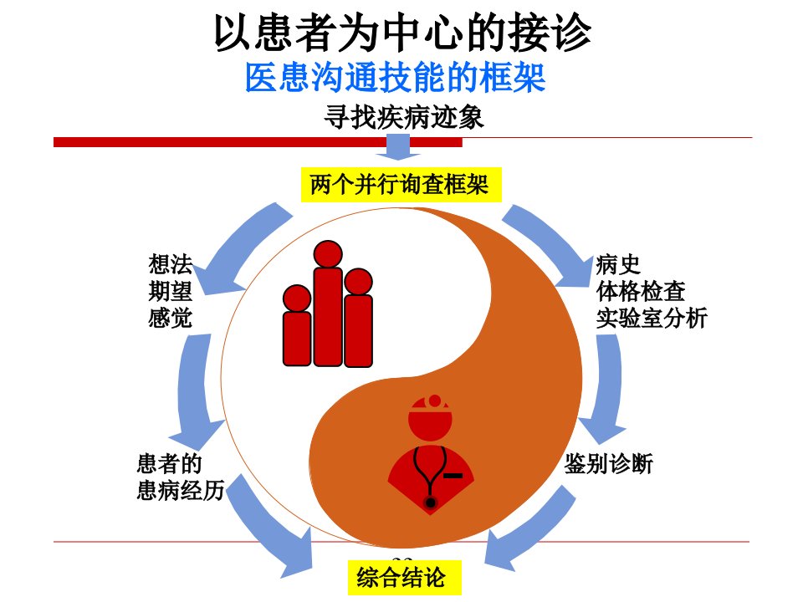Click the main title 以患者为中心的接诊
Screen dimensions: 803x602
pos(402,33)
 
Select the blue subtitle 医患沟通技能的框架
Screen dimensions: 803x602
pos(395,78)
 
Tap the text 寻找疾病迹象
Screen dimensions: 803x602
pos(403,117)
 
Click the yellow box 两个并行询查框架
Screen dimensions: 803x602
pos(401,184)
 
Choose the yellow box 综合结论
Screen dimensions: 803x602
pos(404,577)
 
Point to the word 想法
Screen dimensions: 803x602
pos(171,265)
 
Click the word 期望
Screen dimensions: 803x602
pos(171,291)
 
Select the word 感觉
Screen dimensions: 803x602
pos(171,318)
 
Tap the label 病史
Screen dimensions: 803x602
pos(618,265)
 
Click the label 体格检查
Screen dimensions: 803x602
pos(641,291)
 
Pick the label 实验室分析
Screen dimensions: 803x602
pos(652,318)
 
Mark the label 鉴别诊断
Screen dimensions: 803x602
pos(609,464)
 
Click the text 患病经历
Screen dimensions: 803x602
pos(181,490)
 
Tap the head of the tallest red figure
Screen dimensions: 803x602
pos(328,254)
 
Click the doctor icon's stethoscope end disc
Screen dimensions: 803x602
pos(430,503)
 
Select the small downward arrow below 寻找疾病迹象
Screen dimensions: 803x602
pos(398,146)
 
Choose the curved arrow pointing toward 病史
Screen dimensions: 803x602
pos(553,241)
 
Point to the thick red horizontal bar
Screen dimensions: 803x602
pos(258,142)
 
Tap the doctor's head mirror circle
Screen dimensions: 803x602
pos(435,400)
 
